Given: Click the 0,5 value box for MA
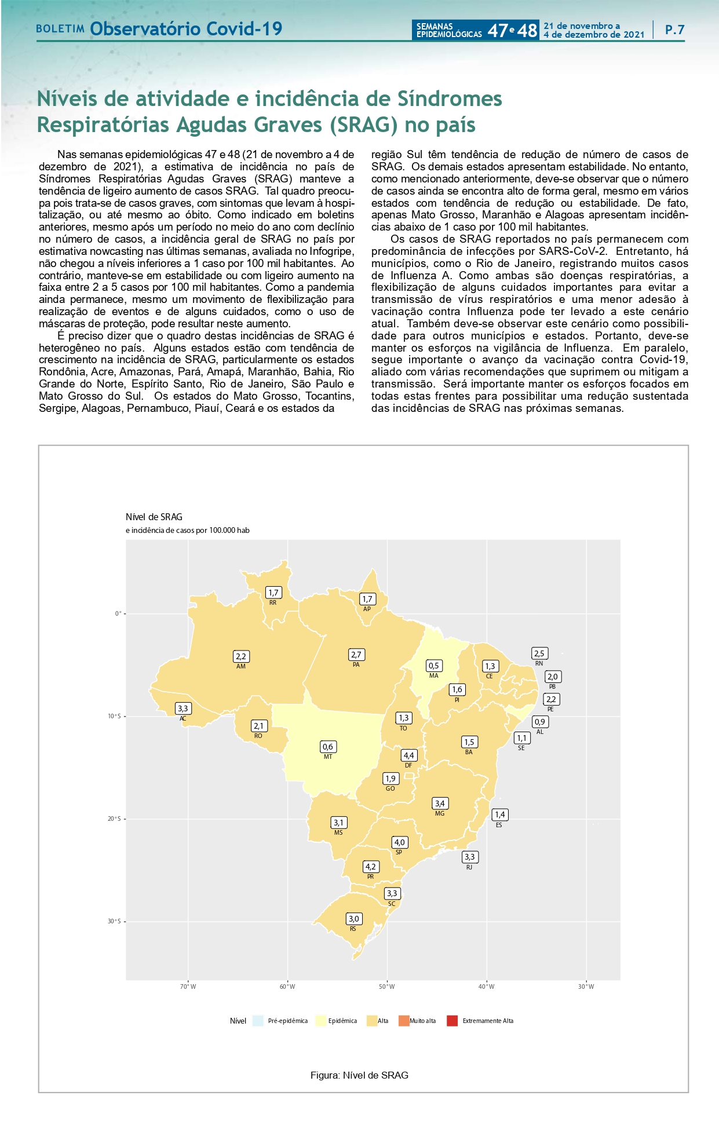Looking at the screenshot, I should (433, 666).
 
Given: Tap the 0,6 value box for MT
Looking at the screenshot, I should (328, 747).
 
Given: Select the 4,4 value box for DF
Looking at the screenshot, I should (408, 755).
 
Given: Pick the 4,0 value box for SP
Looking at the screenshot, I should (399, 842).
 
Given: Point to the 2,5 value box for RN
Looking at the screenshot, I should (539, 653).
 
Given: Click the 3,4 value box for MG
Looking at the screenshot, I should (440, 803).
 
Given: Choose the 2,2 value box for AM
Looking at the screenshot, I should (241, 656).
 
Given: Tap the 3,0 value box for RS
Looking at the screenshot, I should (353, 919).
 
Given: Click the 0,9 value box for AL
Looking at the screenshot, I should (540, 722).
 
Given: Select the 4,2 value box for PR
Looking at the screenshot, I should (371, 867).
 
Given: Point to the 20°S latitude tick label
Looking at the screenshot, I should (114, 819).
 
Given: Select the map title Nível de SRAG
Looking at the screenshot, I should (154, 517).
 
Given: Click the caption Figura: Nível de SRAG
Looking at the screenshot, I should (359, 1075).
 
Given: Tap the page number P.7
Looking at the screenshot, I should (675, 30).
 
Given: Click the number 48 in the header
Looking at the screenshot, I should (527, 30).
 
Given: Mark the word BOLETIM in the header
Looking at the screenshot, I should (60, 29).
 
